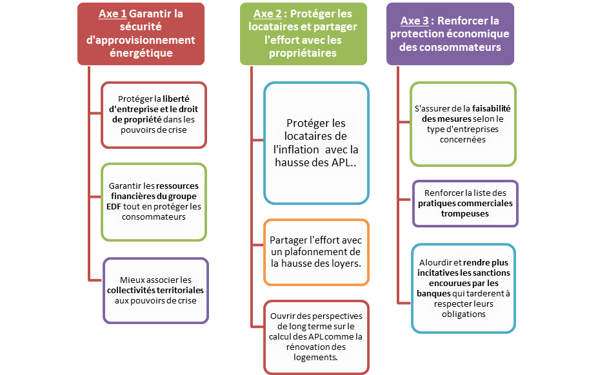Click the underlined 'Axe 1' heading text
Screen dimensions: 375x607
(x=113, y=14)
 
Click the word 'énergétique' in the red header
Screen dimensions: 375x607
(x=140, y=53)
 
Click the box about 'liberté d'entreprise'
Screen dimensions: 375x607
(x=153, y=114)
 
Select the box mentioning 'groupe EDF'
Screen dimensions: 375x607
(x=153, y=201)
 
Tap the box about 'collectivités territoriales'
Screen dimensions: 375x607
(x=155, y=290)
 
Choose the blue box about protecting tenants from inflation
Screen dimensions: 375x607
(x=316, y=142)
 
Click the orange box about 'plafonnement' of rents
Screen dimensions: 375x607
(x=316, y=252)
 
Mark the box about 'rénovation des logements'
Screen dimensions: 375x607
(x=316, y=336)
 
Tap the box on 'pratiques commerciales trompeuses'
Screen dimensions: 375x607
(x=464, y=203)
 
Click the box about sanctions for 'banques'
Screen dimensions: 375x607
(x=464, y=288)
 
